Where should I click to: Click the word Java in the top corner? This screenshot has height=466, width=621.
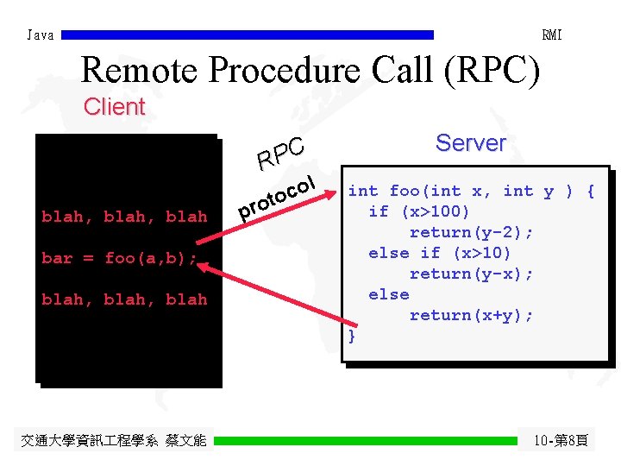[x=41, y=35]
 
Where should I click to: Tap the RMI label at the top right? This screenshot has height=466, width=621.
[x=551, y=35]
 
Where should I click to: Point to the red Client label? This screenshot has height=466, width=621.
[x=114, y=108]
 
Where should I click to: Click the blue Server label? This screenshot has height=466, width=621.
[x=470, y=143]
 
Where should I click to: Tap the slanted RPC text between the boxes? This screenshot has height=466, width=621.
[x=280, y=154]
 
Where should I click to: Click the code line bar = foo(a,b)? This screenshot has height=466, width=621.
[x=120, y=258]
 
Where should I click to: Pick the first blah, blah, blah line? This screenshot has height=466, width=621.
[x=124, y=217]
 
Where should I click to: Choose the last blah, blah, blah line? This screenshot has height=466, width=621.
[x=124, y=299]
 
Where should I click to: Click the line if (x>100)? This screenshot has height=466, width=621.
[x=419, y=211]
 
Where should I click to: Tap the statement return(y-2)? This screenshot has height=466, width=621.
[x=471, y=232]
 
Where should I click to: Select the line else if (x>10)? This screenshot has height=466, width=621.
[x=440, y=253]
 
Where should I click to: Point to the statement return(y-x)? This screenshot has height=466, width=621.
[x=471, y=274]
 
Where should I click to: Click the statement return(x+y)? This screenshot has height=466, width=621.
[x=471, y=315]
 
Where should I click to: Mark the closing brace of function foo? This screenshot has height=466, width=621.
[x=351, y=336]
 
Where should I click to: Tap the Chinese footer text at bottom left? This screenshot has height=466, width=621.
[x=114, y=441]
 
